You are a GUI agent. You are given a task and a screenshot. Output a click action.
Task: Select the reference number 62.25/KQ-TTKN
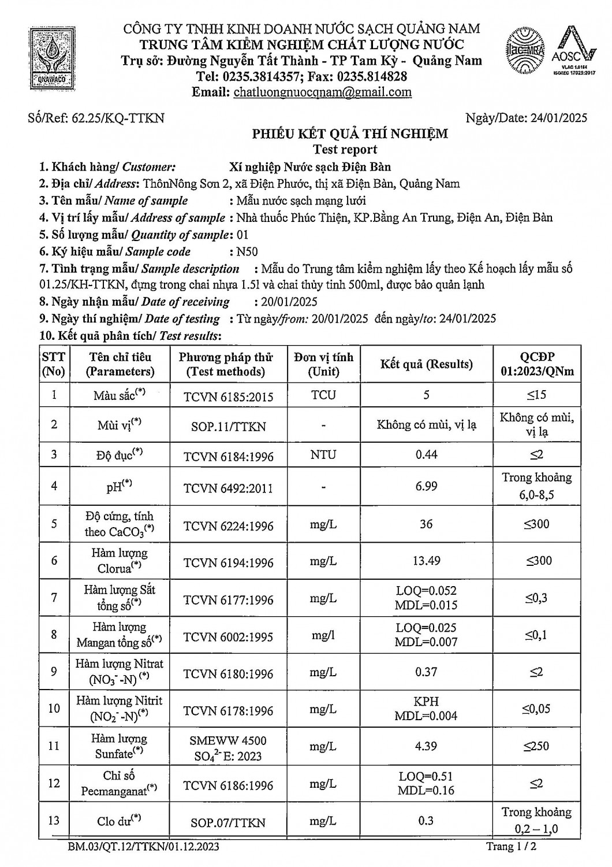pos(118,118)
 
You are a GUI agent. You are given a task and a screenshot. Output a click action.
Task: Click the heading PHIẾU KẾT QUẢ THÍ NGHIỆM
pos(350,135)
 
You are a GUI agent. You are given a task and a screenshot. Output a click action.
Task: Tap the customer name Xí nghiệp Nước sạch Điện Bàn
pos(310,168)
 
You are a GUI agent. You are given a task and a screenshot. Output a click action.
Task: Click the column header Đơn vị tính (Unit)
pos(323,364)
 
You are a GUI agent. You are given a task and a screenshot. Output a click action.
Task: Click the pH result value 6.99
pos(426,486)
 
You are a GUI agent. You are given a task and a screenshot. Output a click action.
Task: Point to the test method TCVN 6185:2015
pos(228,397)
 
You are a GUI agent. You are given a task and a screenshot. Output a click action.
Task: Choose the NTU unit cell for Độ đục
pos(323,455)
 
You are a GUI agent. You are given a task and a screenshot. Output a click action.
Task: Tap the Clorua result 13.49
pos(426,561)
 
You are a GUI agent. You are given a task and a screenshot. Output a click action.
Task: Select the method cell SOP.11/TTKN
pos(228,427)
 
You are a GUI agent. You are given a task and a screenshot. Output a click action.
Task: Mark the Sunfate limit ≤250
pos(537,746)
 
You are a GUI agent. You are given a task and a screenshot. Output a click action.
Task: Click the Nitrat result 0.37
pos(426,672)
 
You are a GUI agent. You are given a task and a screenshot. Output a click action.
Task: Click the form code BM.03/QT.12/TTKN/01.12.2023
pos(143,847)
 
